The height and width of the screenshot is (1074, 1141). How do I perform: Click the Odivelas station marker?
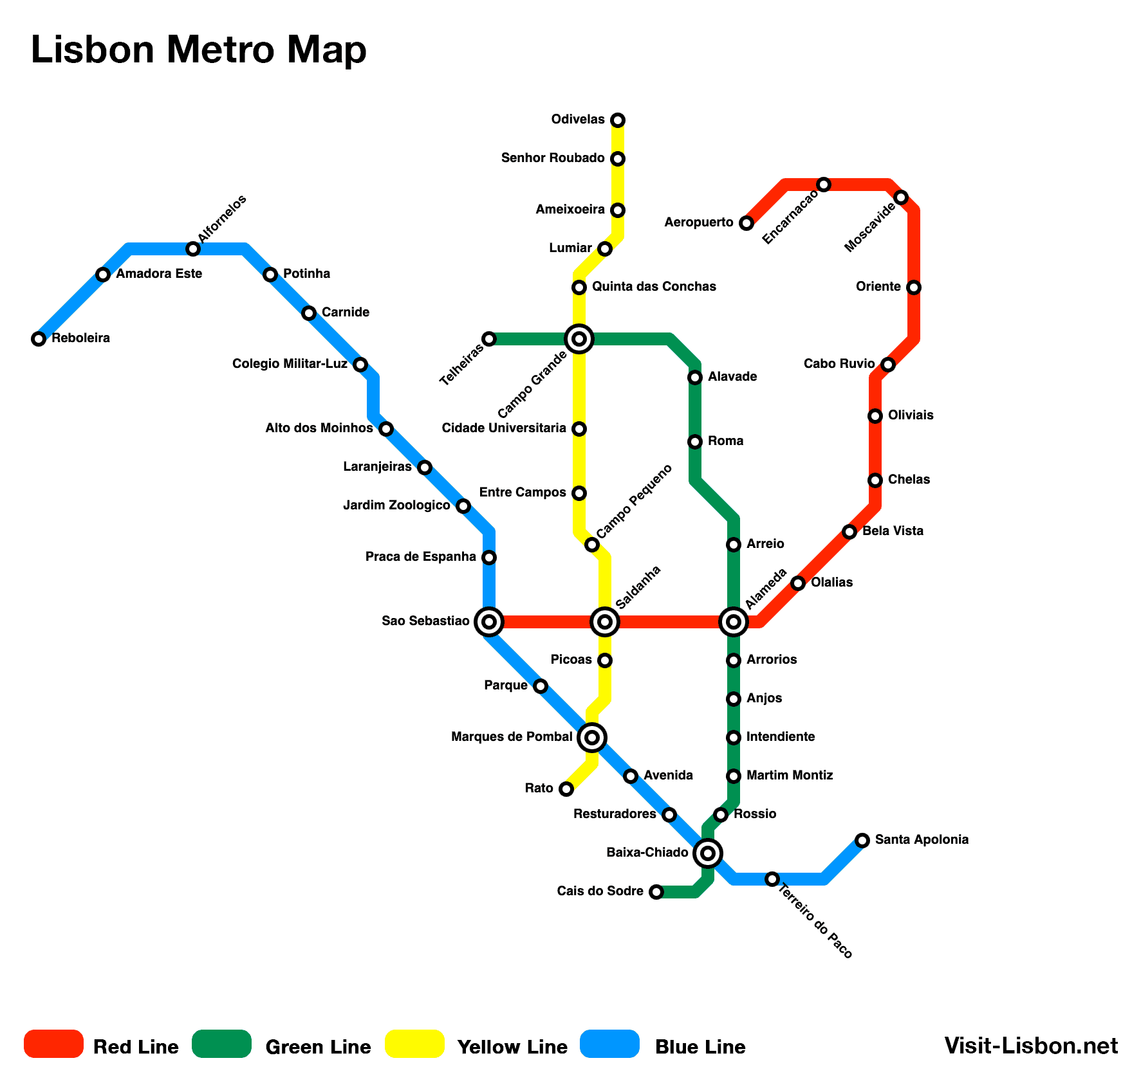click(618, 120)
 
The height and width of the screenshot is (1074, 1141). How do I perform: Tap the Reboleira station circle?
click(39, 339)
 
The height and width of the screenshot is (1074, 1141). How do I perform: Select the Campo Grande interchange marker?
click(579, 339)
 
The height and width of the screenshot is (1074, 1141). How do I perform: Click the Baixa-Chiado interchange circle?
click(708, 853)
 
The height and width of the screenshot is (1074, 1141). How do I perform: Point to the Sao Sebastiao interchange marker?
click(489, 622)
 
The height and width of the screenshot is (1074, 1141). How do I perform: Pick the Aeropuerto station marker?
click(747, 223)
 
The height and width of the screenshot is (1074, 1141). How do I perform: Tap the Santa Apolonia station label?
click(922, 839)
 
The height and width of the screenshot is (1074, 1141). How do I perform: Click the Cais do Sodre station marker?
click(656, 892)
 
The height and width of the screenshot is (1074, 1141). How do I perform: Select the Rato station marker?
click(566, 789)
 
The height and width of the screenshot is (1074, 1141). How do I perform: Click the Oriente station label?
click(878, 287)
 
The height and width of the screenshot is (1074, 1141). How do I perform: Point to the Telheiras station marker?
click(489, 339)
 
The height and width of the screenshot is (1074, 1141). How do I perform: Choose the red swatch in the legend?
click(54, 1044)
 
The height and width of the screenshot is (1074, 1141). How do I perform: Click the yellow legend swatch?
click(415, 1044)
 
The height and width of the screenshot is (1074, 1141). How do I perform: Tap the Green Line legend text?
click(318, 1047)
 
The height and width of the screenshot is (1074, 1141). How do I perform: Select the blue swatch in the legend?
click(610, 1044)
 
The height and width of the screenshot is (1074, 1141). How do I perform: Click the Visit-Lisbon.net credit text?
click(1031, 1046)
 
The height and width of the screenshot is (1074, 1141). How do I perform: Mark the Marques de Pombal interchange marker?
click(592, 738)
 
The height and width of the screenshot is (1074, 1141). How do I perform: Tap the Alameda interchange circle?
click(734, 622)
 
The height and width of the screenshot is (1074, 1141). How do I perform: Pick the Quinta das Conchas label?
click(654, 287)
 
